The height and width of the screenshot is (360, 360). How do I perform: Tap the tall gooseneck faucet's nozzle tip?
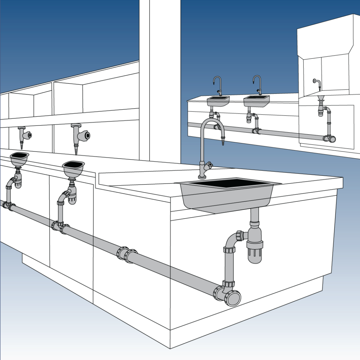[222, 142]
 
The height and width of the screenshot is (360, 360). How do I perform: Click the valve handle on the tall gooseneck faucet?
[210, 164]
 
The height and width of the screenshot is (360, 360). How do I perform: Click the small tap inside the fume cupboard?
[317, 84]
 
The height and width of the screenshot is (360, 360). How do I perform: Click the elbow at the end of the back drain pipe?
[330, 139]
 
